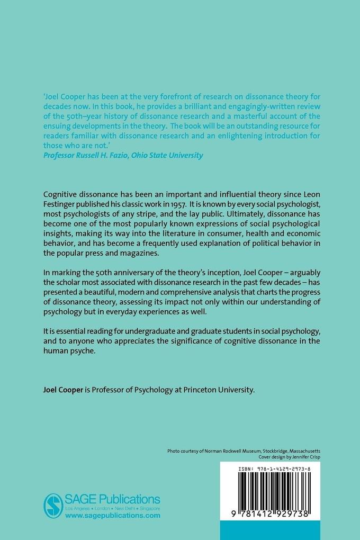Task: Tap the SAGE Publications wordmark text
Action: point(113,499)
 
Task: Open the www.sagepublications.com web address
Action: point(112,515)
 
